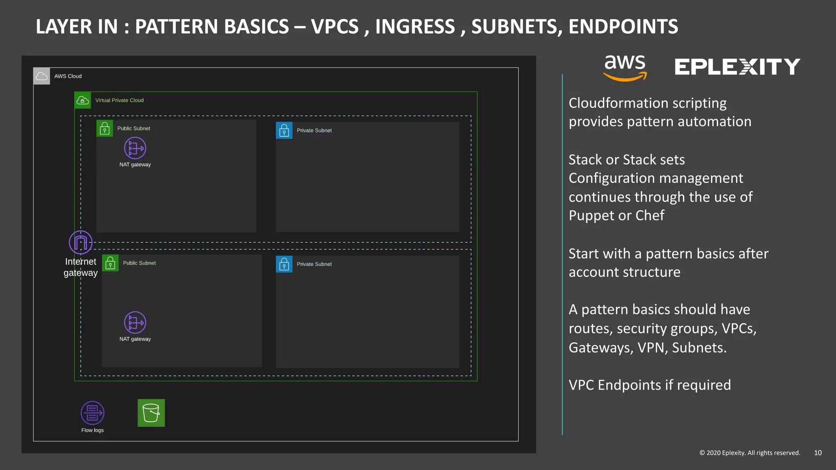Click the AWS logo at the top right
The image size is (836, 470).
pos(625,67)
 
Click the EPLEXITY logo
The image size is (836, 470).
pos(737,67)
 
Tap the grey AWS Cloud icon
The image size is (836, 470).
pos(42,76)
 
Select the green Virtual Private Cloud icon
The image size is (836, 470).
pos(83,100)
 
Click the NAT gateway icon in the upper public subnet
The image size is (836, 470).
pos(135,148)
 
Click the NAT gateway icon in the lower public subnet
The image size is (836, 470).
pos(135,323)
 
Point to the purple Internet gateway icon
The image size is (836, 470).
pos(80,242)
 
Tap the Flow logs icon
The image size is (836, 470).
pos(92,413)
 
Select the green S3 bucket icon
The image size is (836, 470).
pos(151,413)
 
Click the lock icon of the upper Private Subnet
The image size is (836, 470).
pos(284,131)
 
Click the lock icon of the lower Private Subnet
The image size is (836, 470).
pos(284,264)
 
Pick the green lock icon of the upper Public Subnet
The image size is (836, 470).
pos(105,129)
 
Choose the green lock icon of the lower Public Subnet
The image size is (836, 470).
pos(110,263)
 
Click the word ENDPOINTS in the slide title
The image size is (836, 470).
pos(623,27)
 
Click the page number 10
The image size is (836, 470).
pos(818,453)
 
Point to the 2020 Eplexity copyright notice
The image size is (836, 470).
pos(749,453)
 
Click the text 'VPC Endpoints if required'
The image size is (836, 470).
pos(649,385)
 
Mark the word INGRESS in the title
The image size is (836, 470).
pos(415,27)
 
